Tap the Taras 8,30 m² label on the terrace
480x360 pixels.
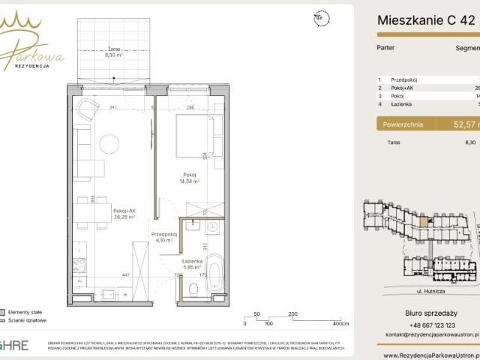point(115,51)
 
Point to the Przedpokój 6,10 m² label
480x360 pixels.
point(164,236)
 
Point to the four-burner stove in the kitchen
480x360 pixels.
point(79,263)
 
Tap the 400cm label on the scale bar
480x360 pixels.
point(341,324)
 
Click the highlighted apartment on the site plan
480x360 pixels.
point(423,220)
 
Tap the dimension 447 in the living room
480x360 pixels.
point(106,274)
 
